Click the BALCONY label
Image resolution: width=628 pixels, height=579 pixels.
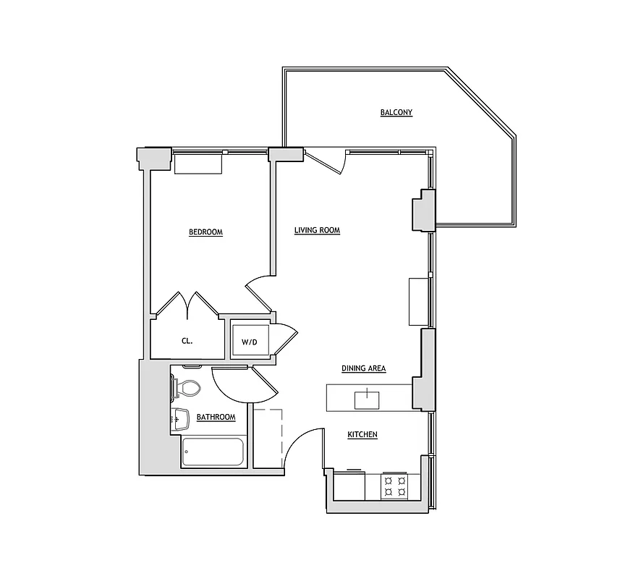[x=396, y=112]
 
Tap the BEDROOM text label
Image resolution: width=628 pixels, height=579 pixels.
[x=205, y=232]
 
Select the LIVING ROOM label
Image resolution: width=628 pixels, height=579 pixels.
[x=317, y=231]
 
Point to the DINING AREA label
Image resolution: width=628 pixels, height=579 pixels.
[x=363, y=368]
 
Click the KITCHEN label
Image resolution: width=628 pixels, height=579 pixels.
[x=362, y=434]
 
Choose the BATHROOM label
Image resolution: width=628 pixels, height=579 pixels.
[x=216, y=418]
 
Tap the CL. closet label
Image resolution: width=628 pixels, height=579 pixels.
[x=187, y=342]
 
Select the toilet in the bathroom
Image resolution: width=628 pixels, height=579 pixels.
[x=187, y=389]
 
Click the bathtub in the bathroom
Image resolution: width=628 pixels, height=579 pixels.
[x=213, y=452]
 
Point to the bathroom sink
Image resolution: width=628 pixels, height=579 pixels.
[x=179, y=418]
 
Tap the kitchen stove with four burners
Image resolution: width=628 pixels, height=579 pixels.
[x=395, y=486]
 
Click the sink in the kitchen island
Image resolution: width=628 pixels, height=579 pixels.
[x=367, y=398]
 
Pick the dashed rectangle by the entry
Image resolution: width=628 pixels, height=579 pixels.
[x=268, y=438]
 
